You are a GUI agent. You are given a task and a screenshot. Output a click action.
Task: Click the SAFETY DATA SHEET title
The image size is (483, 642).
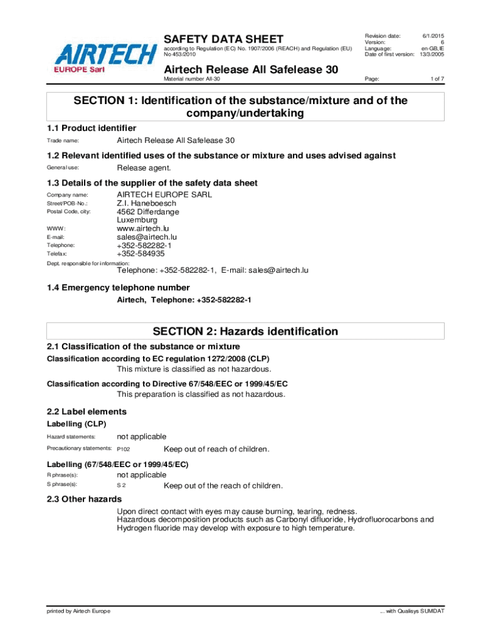pos(223,39)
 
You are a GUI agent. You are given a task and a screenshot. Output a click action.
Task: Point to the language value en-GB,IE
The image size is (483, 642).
pos(432,48)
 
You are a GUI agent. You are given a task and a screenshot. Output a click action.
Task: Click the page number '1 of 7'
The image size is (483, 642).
pos(437,79)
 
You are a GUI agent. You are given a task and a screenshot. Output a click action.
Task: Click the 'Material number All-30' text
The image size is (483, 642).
pos(192,79)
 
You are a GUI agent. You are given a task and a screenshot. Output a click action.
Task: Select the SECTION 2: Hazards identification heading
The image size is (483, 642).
pos(246,331)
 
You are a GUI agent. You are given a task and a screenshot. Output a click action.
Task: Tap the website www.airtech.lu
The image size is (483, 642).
pos(143,229)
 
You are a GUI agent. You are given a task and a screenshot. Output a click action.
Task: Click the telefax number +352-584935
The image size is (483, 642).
pos(141,254)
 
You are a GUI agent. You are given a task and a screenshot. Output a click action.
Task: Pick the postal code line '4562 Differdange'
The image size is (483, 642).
pos(147,212)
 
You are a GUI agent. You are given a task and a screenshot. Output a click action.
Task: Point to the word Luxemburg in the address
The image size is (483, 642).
pos(137,220)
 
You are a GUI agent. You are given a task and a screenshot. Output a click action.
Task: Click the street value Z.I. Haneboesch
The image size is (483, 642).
pos(147,203)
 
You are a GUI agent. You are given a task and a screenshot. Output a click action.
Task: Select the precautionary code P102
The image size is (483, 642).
pos(124,450)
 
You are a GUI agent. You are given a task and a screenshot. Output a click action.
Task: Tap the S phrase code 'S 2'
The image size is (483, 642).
pos(122,486)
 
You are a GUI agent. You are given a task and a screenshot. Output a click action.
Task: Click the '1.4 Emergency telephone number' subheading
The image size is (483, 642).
pos(118,288)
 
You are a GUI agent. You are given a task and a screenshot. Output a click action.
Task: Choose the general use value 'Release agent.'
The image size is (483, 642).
pos(144,168)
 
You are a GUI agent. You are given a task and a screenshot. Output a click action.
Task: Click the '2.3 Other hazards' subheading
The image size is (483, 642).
pos(84,499)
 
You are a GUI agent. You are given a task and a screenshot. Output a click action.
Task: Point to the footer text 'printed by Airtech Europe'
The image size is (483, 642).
pos(78,611)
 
